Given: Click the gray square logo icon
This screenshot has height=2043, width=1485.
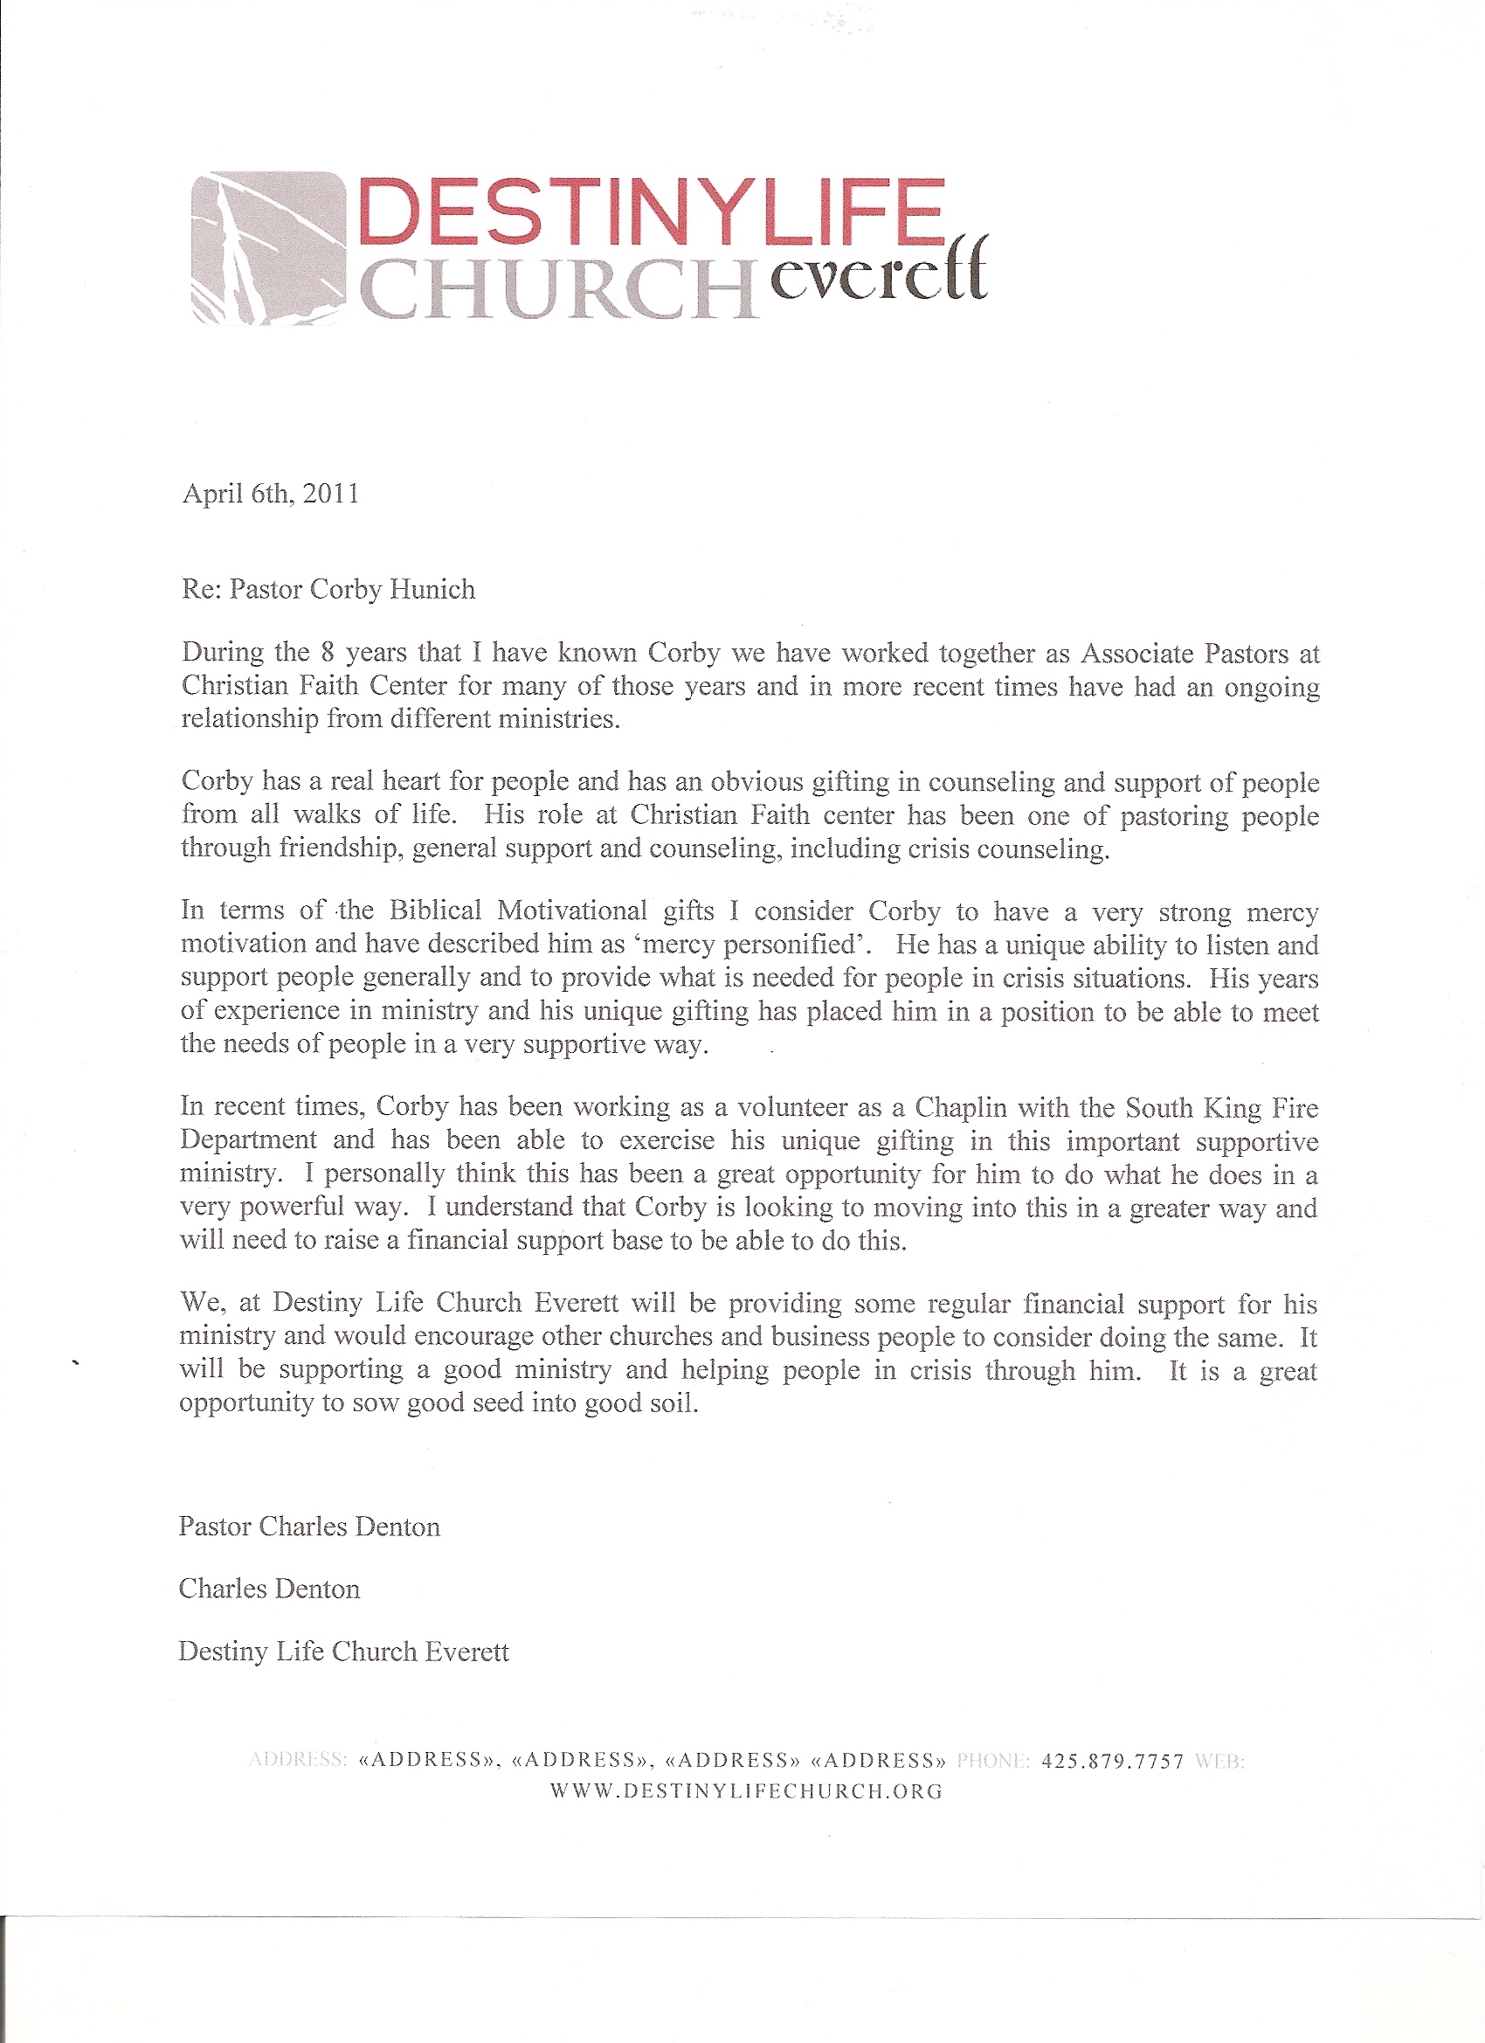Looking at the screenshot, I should (x=268, y=247).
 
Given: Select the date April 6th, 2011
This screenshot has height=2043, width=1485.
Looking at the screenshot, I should (x=270, y=494).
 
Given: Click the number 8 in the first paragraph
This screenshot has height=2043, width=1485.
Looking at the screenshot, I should (x=328, y=652).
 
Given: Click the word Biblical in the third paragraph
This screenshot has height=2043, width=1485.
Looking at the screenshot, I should (x=435, y=910).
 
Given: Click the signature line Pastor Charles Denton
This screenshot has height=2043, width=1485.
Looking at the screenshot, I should (x=309, y=1527).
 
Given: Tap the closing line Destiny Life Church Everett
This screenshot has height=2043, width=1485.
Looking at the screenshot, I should (x=343, y=1652).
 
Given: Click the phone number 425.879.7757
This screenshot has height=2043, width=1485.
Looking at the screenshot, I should (x=1112, y=1762).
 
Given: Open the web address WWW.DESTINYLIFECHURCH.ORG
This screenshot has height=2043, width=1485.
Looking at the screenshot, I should (x=746, y=1791).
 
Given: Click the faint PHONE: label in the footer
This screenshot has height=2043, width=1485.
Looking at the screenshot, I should (x=992, y=1762).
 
